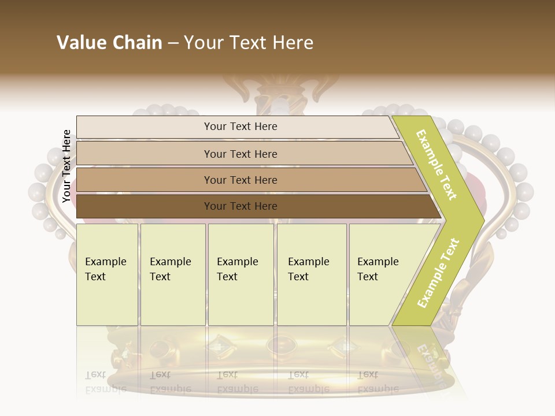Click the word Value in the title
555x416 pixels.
(x=81, y=43)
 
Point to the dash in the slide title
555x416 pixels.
(x=173, y=43)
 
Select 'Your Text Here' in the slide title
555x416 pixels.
(x=249, y=43)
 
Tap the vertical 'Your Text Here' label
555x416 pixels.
(x=66, y=166)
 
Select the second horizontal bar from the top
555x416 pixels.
(x=240, y=154)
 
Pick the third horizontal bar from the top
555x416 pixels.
(x=240, y=180)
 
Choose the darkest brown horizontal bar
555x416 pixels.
(x=240, y=206)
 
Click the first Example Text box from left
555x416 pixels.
(x=107, y=274)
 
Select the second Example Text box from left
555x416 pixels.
(x=172, y=274)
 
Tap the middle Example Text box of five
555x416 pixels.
(x=240, y=274)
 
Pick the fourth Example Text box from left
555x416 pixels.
(x=312, y=274)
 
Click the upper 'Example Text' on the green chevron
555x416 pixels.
(x=436, y=165)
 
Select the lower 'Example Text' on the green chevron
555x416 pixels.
(x=438, y=273)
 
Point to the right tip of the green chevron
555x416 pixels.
(x=483, y=220)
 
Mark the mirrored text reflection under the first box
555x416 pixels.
(x=105, y=382)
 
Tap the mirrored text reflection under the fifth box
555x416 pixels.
(x=378, y=382)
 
